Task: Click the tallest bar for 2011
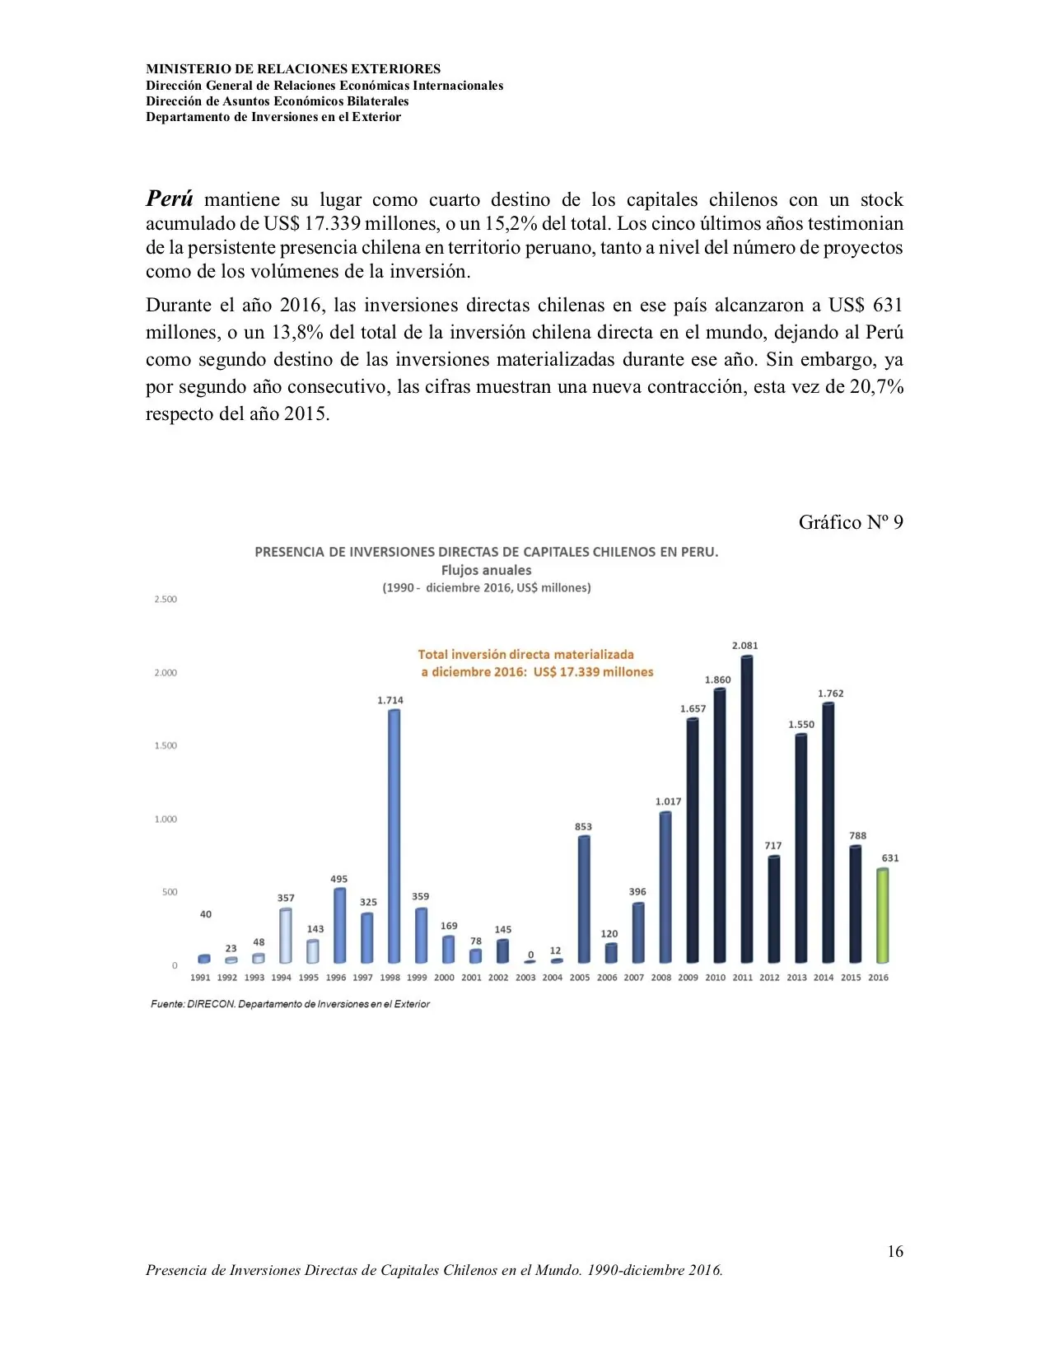tap(746, 811)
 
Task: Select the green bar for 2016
tap(882, 916)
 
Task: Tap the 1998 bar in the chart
tap(394, 836)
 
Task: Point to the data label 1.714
tap(390, 700)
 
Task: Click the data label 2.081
tap(744, 646)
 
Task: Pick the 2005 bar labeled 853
tap(583, 899)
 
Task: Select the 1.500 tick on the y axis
tap(166, 745)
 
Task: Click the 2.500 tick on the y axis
tap(166, 599)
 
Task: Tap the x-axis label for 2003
tap(525, 978)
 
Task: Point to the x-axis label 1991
tap(200, 978)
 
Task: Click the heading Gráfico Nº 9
tap(850, 522)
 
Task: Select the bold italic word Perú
tap(170, 198)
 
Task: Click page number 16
tap(894, 1251)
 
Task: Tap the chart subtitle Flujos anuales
tap(486, 570)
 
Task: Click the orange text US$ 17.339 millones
tap(593, 672)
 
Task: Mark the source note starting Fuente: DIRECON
tap(290, 1004)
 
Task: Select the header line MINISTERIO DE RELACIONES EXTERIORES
tap(293, 69)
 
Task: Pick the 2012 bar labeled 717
tap(773, 909)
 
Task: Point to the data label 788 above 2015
tap(857, 835)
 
